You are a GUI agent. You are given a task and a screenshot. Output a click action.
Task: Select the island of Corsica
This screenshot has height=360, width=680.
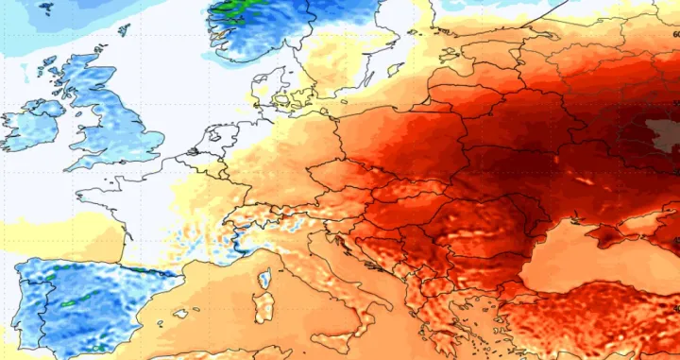click(x=265, y=280)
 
